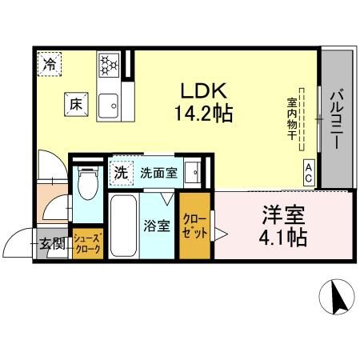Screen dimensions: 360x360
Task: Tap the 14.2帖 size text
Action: coord(203,114)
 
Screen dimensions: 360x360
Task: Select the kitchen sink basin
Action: coord(108,104)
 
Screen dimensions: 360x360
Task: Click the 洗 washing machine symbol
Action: coord(121,170)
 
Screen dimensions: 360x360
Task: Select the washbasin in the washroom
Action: coord(192,171)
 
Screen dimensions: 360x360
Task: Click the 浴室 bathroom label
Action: coord(156,225)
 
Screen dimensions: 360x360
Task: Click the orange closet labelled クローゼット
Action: coord(194,226)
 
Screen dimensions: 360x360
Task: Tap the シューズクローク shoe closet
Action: coord(86,244)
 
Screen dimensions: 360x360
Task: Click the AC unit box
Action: coord(309,168)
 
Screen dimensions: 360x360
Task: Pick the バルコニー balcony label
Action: coord(336,120)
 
